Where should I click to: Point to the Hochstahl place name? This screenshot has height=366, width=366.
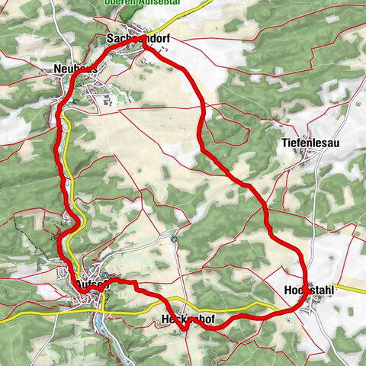[x=309, y=291]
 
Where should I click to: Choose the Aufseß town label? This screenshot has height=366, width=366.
[x=90, y=284]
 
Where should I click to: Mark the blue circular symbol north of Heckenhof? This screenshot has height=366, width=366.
[x=175, y=239]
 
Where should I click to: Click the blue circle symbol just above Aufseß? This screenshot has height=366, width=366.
[x=106, y=276]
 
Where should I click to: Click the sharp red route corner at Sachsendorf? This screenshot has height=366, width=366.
[x=143, y=48]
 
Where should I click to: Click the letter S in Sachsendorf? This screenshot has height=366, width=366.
[x=111, y=37]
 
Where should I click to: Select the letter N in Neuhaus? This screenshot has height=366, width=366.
[x=58, y=68]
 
